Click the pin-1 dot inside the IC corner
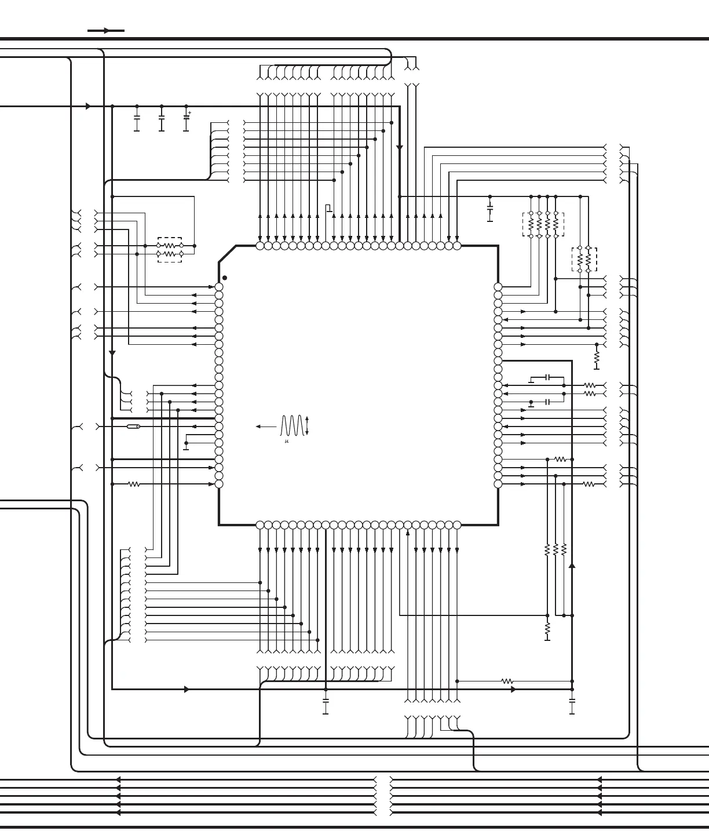(225, 278)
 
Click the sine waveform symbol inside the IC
(291, 426)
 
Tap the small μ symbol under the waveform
(287, 442)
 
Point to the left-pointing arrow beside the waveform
(266, 427)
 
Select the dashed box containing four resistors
(543, 224)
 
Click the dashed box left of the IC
(170, 250)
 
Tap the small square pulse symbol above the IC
(329, 208)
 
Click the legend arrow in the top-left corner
(106, 31)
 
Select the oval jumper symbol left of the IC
(133, 427)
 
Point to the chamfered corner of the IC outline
(228, 254)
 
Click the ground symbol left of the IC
(186, 446)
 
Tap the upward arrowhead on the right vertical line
(572, 566)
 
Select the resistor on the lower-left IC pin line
(134, 484)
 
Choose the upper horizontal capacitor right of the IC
(547, 377)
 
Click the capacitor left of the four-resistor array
(490, 207)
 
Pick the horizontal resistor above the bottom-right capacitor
(507, 681)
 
